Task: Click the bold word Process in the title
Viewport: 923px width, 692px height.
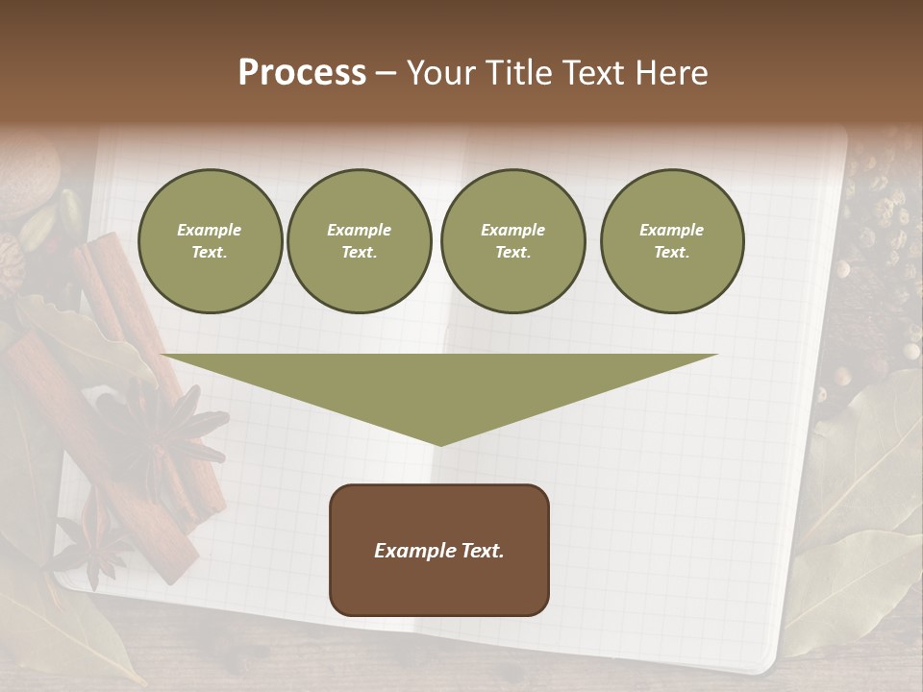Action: (302, 73)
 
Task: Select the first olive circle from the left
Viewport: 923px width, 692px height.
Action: (210, 241)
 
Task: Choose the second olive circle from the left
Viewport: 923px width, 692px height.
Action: (359, 241)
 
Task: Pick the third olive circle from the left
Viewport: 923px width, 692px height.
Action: (512, 241)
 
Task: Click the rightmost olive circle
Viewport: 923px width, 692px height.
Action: (671, 241)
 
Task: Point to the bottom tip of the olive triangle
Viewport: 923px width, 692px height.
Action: (439, 444)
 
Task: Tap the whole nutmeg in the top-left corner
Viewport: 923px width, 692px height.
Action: (27, 178)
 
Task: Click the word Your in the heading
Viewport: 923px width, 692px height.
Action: (441, 73)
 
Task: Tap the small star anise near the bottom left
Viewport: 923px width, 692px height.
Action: (91, 548)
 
